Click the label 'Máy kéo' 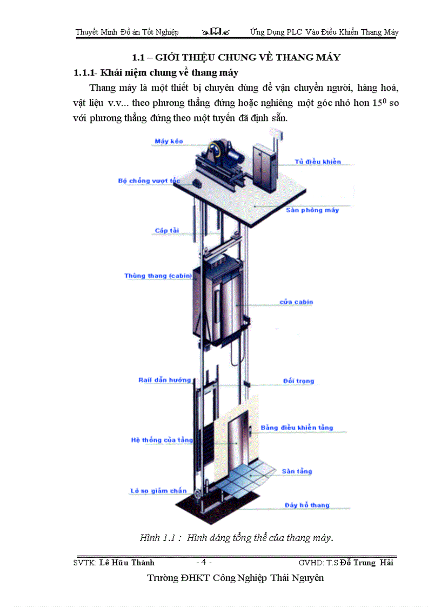169,142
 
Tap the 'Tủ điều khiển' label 318,162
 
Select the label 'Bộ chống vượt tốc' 148,181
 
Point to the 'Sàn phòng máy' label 312,210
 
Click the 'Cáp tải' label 167,231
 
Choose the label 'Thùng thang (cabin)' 158,276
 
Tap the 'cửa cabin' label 296,302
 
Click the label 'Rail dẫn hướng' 164,380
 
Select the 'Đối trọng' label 298,381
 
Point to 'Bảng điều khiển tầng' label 297,428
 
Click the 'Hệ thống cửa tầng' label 162,440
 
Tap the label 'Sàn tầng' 297,471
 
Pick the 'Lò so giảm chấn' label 158,491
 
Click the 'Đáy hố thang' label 307,505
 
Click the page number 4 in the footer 205,562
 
